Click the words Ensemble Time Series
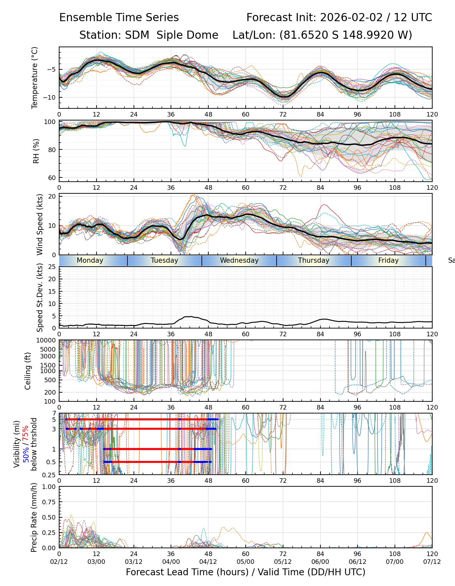[119, 18]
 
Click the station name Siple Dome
[187, 35]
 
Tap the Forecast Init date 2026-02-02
[351, 18]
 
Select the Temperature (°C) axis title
[35, 77]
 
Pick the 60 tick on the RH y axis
[52, 178]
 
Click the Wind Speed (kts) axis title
[40, 224]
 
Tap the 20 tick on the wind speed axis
[52, 196]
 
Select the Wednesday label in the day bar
[239, 260]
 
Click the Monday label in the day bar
[90, 260]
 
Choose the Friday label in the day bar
[388, 260]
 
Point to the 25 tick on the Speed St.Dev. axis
[52, 267]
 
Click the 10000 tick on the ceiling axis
[47, 341]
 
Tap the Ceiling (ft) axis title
[28, 371]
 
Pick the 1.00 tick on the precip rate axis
[49, 487]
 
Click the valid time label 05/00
[245, 562]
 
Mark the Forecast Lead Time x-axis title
[245, 572]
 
